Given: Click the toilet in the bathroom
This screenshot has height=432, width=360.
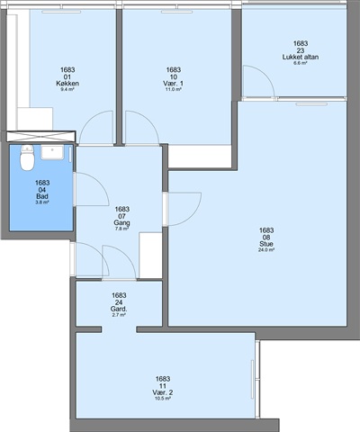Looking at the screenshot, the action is pos(27,157).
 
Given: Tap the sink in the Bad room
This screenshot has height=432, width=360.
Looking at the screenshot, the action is pos(52,152).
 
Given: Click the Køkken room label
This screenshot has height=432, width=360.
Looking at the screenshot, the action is pos(67,84).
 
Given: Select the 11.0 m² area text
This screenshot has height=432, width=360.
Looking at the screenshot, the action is pos(174,89).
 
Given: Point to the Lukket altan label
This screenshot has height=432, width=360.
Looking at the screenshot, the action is pos(301,57).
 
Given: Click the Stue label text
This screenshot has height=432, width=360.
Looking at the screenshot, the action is pos(266,244).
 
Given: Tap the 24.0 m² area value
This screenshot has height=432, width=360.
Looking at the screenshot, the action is pos(266,250).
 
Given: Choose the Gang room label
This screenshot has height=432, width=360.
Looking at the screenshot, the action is pos(121,222).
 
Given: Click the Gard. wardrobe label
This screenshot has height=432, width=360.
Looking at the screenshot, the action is pos(119,309).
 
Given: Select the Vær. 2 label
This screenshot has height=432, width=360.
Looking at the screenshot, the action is pos(163,392).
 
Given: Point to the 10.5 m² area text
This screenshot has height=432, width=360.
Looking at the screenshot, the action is pos(163,399).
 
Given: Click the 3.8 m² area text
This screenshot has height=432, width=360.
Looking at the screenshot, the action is pos(42,202).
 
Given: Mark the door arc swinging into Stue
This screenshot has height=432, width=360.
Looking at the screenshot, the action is pos(192,215).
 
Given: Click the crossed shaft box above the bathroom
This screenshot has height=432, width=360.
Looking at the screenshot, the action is pos(40,136).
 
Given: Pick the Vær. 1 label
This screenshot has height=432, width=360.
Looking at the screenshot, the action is pos(174,84).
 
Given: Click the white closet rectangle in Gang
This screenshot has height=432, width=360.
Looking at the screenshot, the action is pos(150,256).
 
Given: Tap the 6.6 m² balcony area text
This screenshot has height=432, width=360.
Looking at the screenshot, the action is pos(301,63).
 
